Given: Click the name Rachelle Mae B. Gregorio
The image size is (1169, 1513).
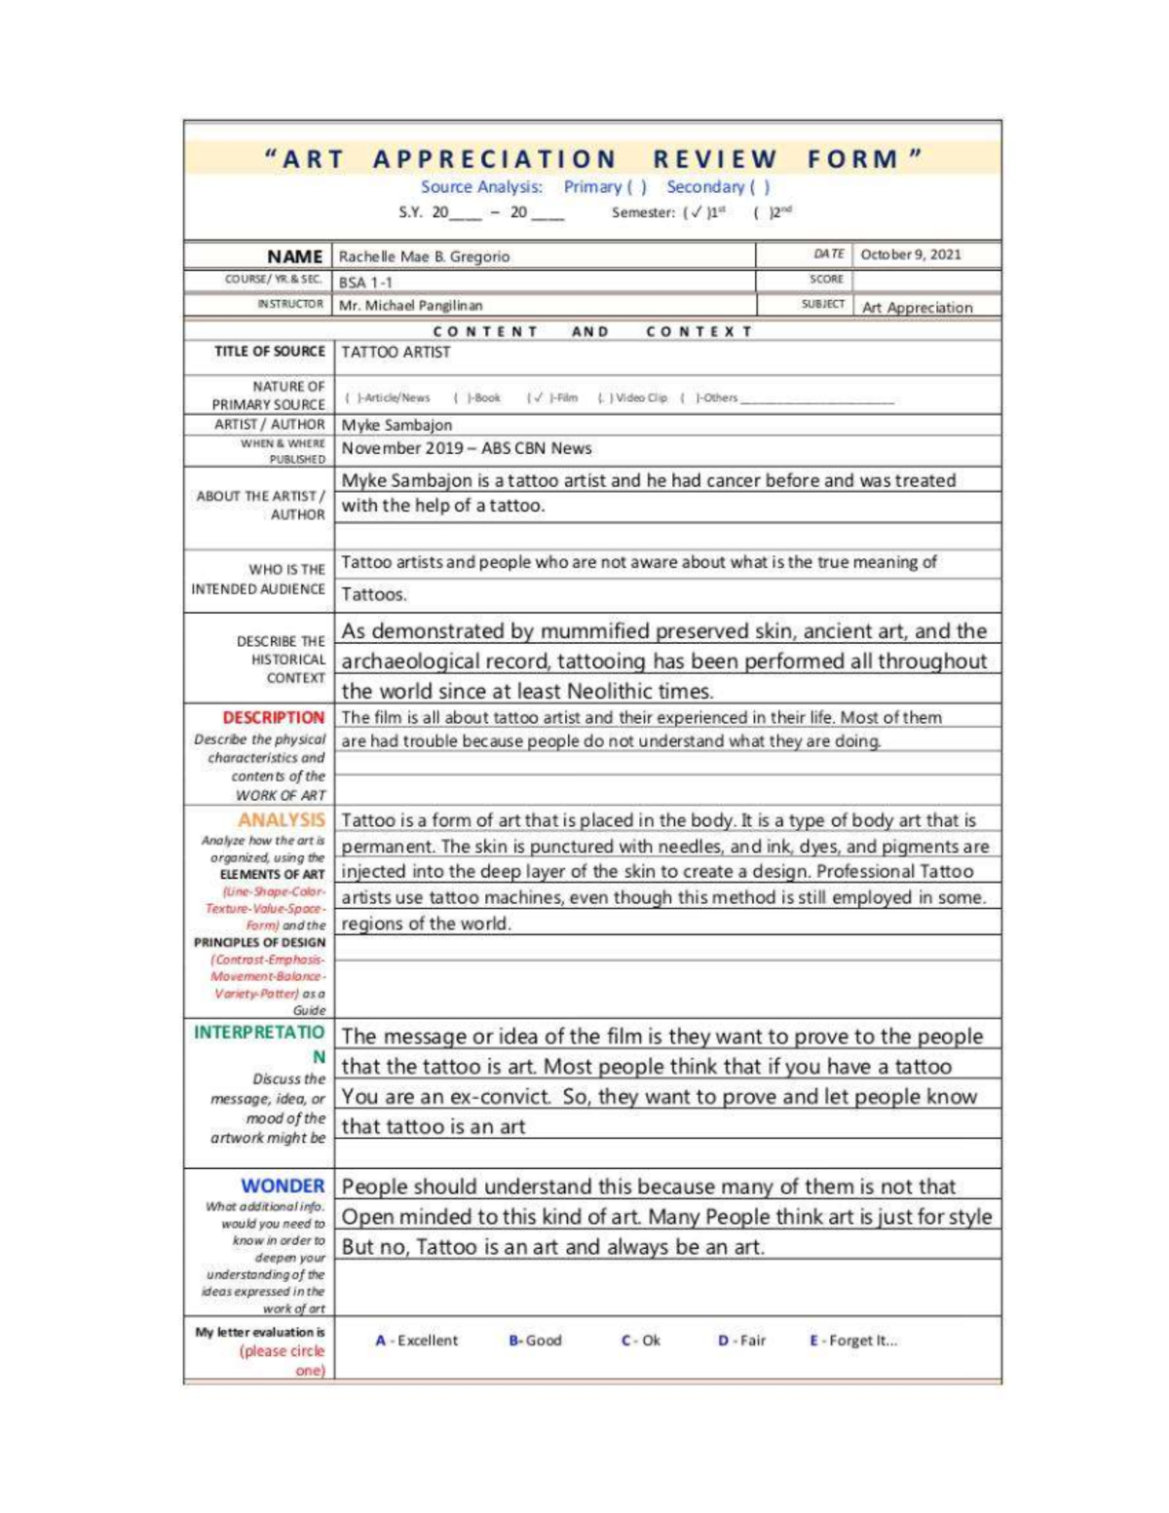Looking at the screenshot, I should click(424, 257).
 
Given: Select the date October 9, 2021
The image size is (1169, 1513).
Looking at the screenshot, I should click(910, 254).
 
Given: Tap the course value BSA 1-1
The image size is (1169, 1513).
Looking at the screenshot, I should click(365, 283).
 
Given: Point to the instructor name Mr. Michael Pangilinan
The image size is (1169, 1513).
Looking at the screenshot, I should click(410, 306).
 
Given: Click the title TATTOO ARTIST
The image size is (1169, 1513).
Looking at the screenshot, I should click(396, 352).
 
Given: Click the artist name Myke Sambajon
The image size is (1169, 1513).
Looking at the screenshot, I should click(396, 425).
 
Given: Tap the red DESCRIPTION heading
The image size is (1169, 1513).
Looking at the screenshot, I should click(273, 718).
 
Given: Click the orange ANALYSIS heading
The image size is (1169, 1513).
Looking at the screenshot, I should click(281, 820).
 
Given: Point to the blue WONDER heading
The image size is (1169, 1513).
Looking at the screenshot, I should click(283, 1186).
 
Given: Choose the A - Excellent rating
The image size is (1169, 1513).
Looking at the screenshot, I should click(417, 1341).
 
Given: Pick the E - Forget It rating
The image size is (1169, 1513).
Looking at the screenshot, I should click(853, 1341).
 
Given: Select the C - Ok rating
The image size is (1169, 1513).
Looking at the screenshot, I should click(640, 1341).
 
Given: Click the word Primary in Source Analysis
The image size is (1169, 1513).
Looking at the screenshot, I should click(592, 187).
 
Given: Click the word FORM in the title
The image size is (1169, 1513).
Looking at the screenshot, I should click(852, 159).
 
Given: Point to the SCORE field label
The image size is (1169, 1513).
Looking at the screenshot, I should click(825, 280).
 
